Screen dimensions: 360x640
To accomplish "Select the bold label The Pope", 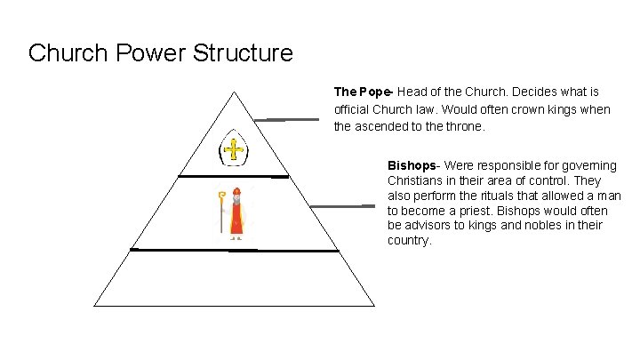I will point(364,92).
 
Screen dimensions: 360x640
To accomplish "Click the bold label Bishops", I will point(412,165).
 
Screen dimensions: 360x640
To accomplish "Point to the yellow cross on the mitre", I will point(234,149).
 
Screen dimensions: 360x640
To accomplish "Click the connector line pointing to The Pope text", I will point(286,118).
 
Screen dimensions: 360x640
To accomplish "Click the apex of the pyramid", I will point(235,92).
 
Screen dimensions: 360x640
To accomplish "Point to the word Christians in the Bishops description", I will point(416,180).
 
